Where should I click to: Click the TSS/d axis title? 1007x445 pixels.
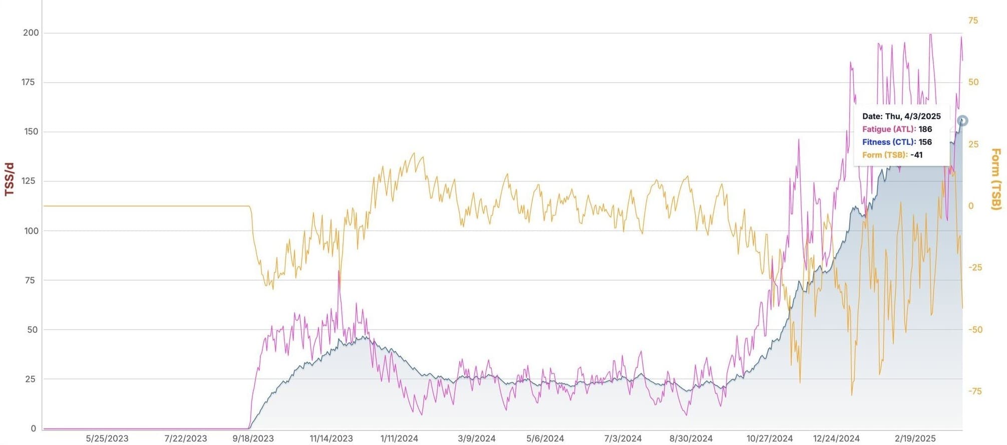point(9,179)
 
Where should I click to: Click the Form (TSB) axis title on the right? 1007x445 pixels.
point(995,179)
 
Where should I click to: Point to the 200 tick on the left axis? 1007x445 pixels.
point(31,33)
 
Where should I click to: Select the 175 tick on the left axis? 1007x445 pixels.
point(28,82)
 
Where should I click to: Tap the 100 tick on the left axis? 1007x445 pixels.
point(31,231)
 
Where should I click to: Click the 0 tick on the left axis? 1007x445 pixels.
point(34,428)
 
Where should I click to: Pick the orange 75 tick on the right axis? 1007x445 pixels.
point(973,21)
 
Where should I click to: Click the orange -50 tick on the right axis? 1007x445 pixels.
point(974,329)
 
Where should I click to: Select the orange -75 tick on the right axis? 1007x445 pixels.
point(974,391)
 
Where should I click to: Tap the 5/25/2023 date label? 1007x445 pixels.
point(107,438)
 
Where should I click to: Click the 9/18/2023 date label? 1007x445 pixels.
point(253,438)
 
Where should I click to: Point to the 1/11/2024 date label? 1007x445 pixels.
point(399,438)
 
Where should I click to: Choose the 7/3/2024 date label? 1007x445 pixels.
point(623,438)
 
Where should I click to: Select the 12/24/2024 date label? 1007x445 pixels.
point(836,438)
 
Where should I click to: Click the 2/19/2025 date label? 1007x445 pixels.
point(915,438)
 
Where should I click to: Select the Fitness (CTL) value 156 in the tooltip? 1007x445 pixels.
point(925,142)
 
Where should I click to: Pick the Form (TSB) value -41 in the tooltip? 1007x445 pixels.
point(916,155)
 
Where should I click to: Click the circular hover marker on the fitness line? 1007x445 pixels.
point(962,120)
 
